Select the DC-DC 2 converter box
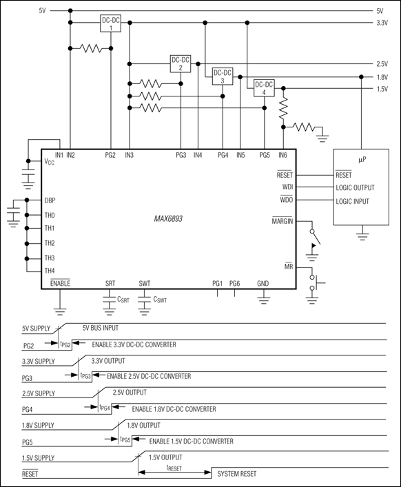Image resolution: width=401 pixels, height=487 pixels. [181, 64]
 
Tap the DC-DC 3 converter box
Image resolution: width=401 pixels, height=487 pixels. [223, 76]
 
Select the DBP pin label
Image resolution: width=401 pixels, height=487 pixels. [50, 200]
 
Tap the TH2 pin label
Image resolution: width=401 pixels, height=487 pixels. [50, 243]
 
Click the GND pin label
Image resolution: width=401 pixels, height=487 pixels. [263, 284]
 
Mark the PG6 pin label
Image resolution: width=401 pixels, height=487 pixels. [235, 284]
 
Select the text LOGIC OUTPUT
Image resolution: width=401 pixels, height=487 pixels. [356, 187]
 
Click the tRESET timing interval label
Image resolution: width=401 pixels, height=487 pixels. [174, 466]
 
